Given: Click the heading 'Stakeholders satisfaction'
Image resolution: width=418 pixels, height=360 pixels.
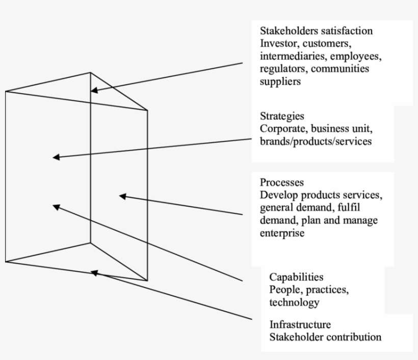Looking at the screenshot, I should (316, 31).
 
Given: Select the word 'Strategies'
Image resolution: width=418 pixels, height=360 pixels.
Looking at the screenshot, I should (282, 117).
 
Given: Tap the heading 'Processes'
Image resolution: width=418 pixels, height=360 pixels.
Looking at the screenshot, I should (282, 182).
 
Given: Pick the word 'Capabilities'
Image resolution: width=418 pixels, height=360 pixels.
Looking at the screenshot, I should (296, 277).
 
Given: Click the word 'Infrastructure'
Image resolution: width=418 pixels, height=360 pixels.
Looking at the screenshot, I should (300, 324).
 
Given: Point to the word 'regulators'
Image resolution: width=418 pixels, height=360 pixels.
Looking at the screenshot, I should (282, 69).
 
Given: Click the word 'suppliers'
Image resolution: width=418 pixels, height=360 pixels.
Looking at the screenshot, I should (280, 81).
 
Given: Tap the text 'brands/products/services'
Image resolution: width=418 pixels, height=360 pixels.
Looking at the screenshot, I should (316, 142).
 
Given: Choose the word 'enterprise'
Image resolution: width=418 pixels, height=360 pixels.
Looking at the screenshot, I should (282, 233).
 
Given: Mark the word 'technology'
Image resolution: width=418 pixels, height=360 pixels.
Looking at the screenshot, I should (294, 302).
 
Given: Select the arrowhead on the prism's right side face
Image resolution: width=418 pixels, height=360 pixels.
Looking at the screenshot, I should (122, 196).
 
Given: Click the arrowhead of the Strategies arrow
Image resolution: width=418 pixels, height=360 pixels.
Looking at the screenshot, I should (56, 157).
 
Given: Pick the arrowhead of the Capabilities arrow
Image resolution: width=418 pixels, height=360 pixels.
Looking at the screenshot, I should (56, 206).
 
